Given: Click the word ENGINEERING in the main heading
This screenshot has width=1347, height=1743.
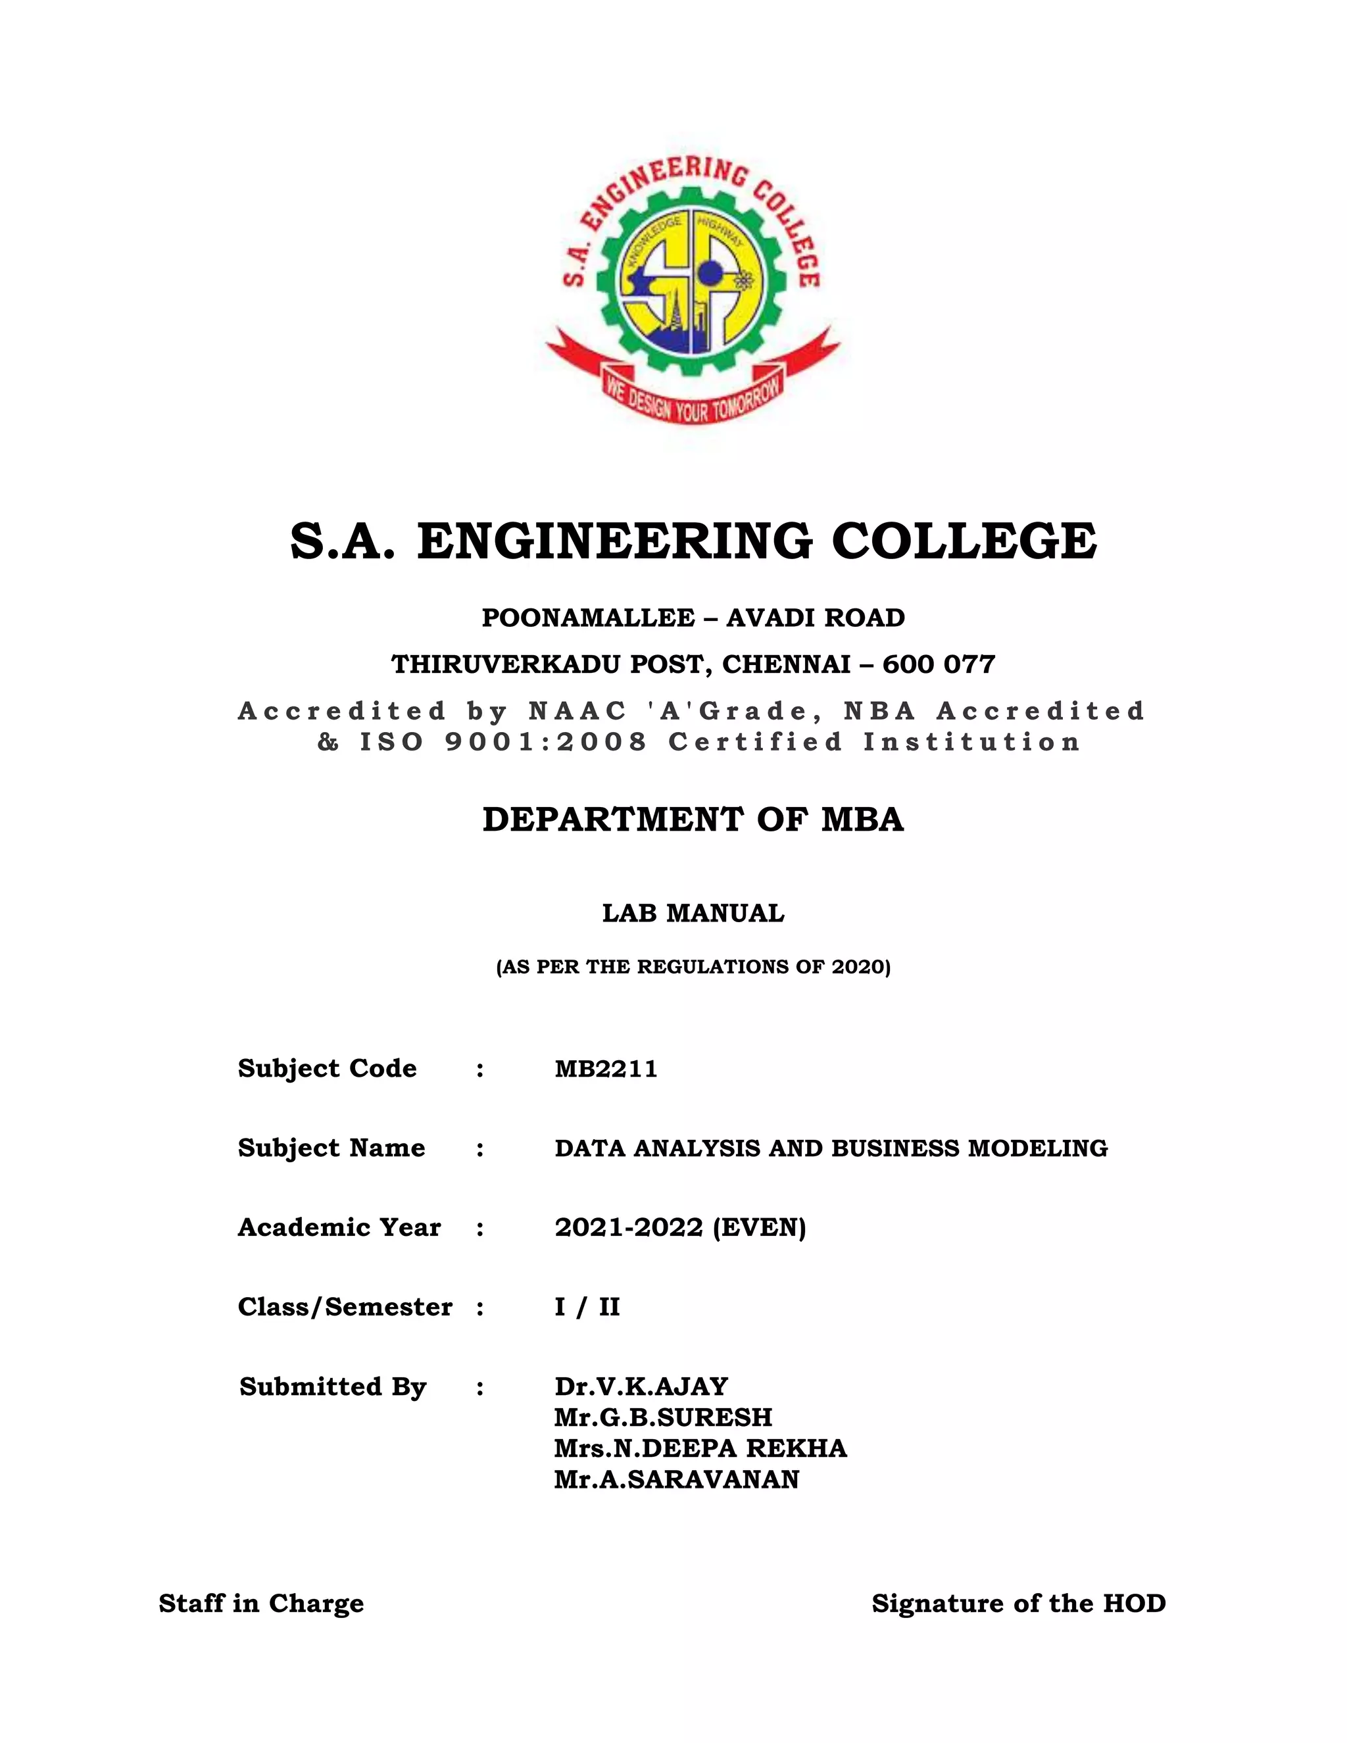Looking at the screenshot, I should click(614, 542).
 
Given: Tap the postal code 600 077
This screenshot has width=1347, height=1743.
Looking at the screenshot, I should click(939, 665).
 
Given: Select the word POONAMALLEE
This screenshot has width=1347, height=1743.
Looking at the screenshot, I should click(588, 618).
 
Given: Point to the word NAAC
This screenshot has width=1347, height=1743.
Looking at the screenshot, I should click(577, 710).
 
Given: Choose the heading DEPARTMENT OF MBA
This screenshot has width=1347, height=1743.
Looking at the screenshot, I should click(693, 820).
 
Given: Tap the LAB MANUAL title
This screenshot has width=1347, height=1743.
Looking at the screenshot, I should click(693, 913).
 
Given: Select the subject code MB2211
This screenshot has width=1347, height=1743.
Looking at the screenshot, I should click(606, 1069).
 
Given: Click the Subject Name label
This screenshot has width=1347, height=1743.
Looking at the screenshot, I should click(331, 1148).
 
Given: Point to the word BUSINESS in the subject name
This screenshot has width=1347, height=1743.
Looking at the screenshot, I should click(896, 1148).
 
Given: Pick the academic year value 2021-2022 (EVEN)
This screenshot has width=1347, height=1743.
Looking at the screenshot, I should click(680, 1227).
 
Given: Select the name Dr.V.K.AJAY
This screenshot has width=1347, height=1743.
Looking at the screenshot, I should click(641, 1387).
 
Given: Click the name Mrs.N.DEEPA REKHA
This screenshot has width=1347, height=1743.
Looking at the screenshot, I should click(700, 1448).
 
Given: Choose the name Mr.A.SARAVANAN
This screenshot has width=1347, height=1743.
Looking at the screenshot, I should click(677, 1480).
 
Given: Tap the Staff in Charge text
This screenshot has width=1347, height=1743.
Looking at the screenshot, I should click(261, 1604).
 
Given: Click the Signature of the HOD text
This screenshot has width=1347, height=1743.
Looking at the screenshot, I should click(1018, 1604).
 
